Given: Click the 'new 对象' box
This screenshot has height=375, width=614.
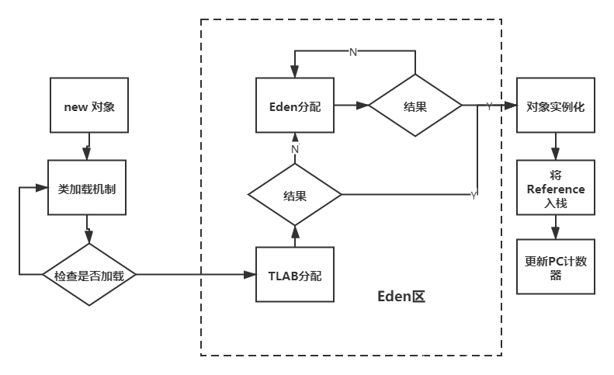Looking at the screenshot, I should pyautogui.click(x=89, y=106).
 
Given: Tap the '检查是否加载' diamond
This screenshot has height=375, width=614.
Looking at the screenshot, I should pyautogui.click(x=89, y=275).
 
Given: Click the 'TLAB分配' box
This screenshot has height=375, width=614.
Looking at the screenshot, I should pyautogui.click(x=295, y=275).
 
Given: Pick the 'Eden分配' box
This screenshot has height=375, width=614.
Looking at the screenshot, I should pyautogui.click(x=295, y=106).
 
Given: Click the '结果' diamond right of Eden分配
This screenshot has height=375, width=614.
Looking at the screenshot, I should pyautogui.click(x=415, y=106).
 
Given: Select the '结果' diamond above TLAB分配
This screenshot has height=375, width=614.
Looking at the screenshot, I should pyautogui.click(x=295, y=195).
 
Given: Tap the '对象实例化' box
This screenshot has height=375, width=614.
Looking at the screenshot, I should pyautogui.click(x=556, y=106).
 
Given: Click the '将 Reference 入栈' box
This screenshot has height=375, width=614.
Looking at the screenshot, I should pyautogui.click(x=556, y=189).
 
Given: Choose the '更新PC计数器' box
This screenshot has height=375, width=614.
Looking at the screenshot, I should pyautogui.click(x=556, y=266).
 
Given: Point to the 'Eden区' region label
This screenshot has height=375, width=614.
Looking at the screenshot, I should pyautogui.click(x=401, y=297).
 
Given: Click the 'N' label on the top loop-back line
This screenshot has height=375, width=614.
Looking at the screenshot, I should pyautogui.click(x=353, y=52).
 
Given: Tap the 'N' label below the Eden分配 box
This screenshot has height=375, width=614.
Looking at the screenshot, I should pyautogui.click(x=295, y=148).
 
